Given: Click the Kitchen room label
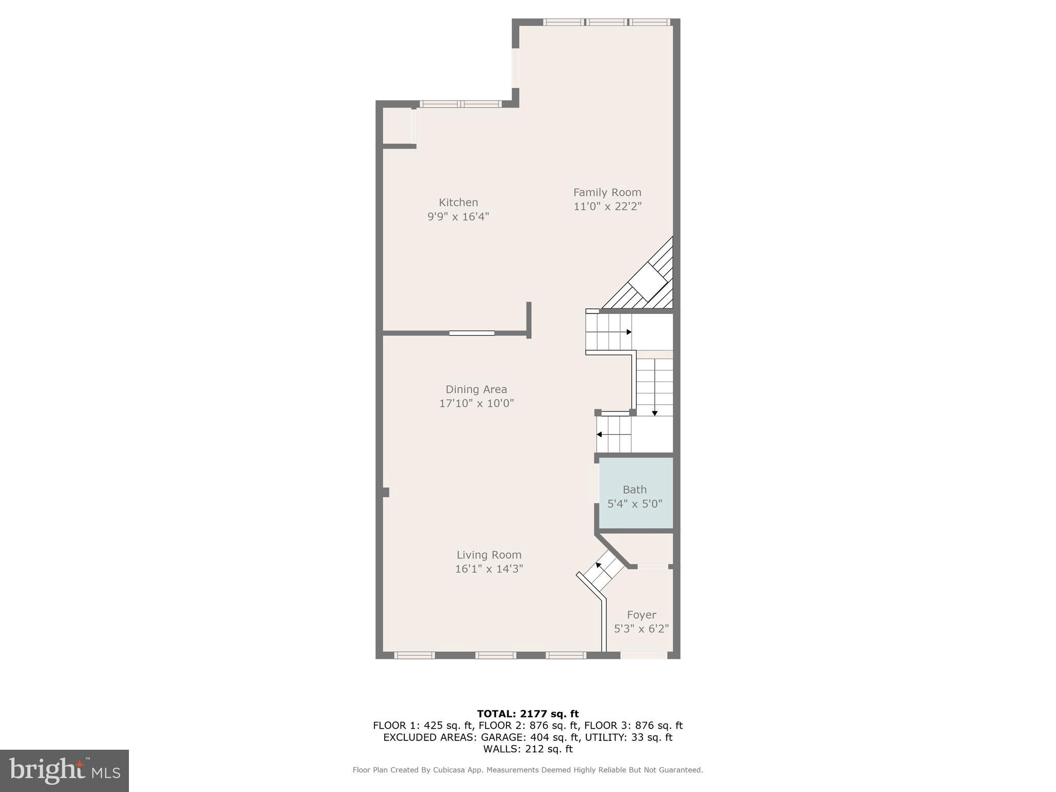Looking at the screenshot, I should [x=458, y=203].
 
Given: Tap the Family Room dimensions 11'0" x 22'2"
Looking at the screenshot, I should [x=607, y=206].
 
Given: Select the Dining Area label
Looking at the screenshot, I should [x=476, y=389].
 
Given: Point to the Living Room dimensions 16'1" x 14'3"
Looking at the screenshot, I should [x=489, y=569].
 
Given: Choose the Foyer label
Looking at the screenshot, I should [x=641, y=615].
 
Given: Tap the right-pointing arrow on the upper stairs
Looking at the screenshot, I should [x=628, y=332].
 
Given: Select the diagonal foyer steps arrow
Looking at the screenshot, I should [x=599, y=566].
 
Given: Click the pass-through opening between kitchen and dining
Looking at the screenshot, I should [x=471, y=333].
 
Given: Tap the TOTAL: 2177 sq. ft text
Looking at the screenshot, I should [x=527, y=714].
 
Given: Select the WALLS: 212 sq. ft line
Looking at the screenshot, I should [x=527, y=749].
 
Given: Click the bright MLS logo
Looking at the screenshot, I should [x=64, y=770].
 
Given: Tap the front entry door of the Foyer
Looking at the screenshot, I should [x=643, y=655].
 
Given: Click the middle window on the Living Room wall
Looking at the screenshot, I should [x=495, y=655].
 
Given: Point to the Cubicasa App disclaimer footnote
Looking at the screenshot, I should [x=527, y=770].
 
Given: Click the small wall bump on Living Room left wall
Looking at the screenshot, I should [x=385, y=492].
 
